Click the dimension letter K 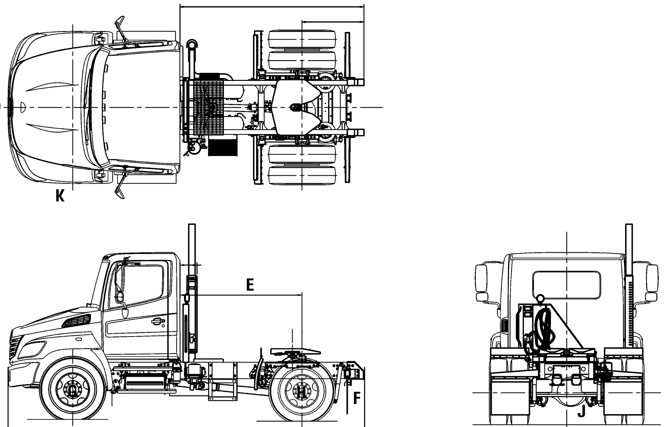[60, 197]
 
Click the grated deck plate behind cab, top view [208, 107]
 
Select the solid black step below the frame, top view [223, 147]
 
